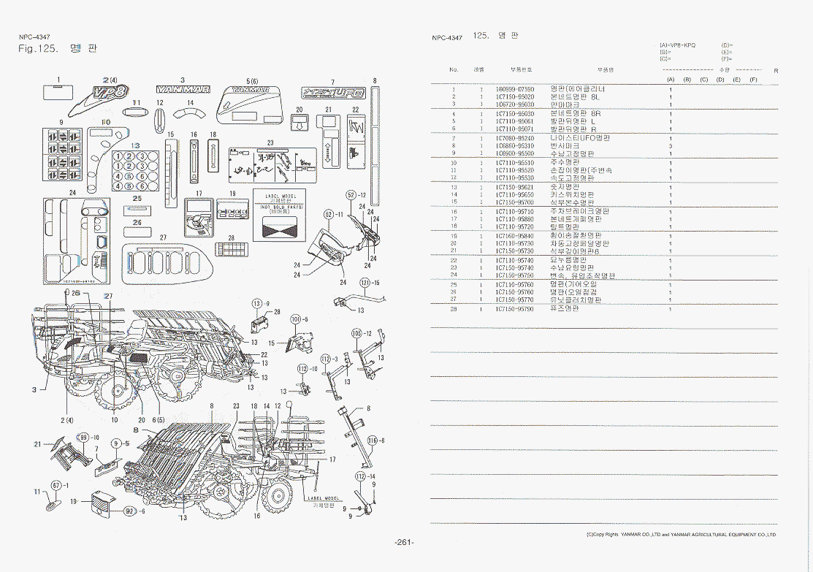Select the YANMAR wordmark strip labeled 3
point(183,90)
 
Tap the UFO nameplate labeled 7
point(332,94)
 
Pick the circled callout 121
point(364,282)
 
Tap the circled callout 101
point(295,319)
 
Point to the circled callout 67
point(56,484)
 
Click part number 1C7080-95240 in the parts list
point(515,138)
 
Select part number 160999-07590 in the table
point(515,89)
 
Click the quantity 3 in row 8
point(671,146)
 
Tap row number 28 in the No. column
point(454,309)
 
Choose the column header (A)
point(670,79)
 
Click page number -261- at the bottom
point(404,542)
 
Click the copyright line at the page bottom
point(682,535)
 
